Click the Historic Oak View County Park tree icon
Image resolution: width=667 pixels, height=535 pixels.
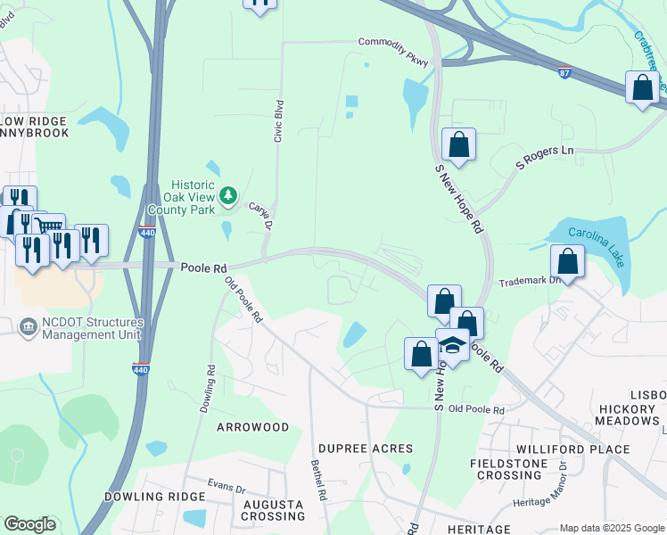pos(229,194)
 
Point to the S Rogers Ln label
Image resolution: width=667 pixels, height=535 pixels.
pos(545,157)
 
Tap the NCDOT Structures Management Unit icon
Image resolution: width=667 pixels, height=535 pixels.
pos(27,326)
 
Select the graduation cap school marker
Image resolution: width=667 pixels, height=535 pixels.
pos(453,344)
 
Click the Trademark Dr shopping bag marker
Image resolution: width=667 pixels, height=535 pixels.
pos(567,261)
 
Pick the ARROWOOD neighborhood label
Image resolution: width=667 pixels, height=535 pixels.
pos(253,427)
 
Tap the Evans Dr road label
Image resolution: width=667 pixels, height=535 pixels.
pos(226,488)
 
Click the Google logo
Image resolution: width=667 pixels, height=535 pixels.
pos(29,524)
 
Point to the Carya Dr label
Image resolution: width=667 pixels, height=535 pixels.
pos(260,215)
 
